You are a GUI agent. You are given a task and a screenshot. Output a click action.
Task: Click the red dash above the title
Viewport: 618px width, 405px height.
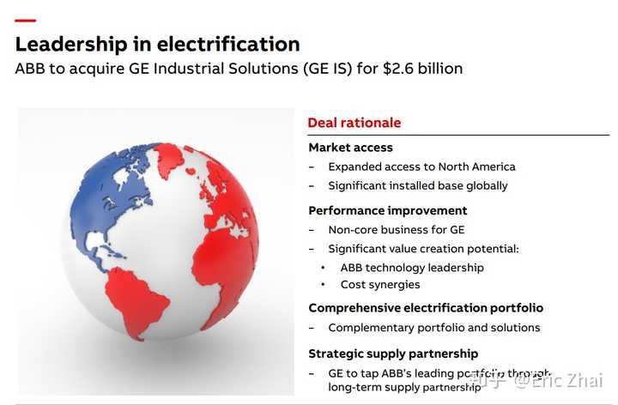(26, 20)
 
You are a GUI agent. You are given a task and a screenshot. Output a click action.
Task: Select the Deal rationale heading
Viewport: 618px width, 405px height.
(354, 123)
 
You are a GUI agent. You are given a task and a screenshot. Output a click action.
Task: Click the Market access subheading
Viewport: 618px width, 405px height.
(350, 148)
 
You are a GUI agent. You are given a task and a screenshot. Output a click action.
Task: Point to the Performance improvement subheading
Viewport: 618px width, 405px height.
(388, 210)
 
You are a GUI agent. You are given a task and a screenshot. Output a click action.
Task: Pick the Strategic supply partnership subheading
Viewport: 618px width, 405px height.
(393, 354)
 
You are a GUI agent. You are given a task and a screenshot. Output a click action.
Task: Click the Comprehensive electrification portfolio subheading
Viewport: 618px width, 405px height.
(426, 308)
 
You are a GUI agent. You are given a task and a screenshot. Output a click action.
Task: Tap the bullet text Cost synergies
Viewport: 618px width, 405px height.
(380, 284)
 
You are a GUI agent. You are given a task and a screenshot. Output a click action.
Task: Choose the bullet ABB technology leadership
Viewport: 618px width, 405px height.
(412, 267)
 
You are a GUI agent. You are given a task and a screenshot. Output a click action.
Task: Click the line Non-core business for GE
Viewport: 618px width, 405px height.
(396, 230)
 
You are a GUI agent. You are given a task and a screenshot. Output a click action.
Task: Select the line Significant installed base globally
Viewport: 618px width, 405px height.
(418, 185)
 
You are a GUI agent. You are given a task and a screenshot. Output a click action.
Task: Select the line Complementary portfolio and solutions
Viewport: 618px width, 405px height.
(434, 328)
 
